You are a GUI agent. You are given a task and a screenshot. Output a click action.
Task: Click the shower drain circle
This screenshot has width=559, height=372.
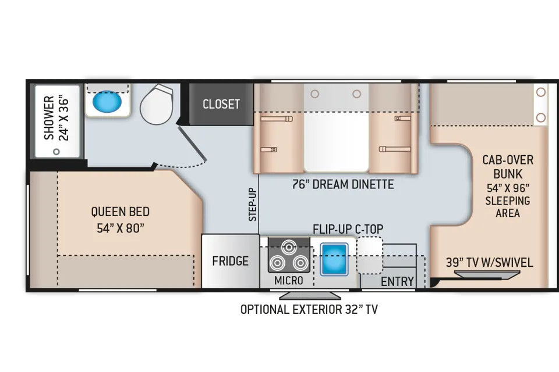click(56, 152)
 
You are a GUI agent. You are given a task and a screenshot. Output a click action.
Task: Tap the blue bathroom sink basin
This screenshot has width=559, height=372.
click(107, 102)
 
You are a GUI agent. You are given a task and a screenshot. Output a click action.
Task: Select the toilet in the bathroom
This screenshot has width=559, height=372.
click(157, 105)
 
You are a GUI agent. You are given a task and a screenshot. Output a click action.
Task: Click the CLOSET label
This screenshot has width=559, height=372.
click(221, 104)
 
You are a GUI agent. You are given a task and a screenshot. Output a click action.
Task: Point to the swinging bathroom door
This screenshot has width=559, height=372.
click(192, 143)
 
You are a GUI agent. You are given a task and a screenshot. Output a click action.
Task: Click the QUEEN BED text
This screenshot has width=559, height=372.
click(120, 212)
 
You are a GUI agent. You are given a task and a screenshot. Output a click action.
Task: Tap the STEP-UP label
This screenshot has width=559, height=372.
click(252, 205)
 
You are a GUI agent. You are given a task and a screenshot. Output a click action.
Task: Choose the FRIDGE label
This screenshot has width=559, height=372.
click(231, 261)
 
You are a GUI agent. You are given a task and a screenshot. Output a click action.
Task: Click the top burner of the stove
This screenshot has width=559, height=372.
click(289, 246)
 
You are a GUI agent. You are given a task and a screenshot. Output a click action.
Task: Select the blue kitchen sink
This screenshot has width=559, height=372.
click(334, 259)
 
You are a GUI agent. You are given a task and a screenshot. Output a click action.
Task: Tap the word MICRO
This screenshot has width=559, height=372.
click(289, 281)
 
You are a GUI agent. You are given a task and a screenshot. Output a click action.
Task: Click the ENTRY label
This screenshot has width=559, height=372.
click(397, 281)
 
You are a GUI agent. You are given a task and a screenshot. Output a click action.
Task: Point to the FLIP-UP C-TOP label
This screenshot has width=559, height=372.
click(348, 229)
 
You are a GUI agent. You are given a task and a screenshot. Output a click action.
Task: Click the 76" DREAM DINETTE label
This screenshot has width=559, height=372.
click(343, 184)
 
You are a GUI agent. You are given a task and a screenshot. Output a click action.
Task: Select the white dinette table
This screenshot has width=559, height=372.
click(336, 142)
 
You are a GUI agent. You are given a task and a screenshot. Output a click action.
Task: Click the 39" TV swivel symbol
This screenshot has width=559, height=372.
click(487, 274)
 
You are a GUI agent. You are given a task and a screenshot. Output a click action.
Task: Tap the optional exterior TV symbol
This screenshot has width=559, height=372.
click(310, 296)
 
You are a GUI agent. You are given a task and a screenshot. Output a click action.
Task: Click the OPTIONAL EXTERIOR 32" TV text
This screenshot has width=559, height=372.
click(309, 309)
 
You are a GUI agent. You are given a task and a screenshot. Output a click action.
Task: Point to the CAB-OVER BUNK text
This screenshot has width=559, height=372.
click(508, 167)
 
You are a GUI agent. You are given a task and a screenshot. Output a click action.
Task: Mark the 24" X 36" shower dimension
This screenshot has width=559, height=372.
click(64, 118)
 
